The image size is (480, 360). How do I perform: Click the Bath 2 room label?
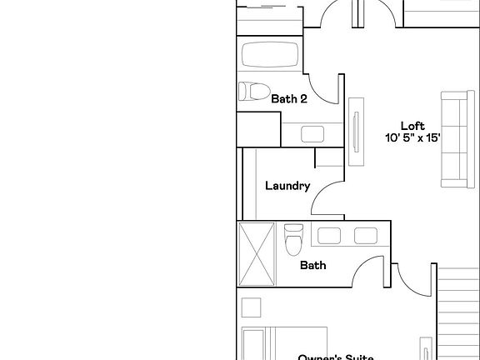tap(289, 98)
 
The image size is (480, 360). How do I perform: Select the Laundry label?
tap(287, 186)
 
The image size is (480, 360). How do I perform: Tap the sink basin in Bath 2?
tap(313, 133)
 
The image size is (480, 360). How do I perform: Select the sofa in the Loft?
tap(453, 141)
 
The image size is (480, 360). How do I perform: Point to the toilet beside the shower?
tap(292, 239)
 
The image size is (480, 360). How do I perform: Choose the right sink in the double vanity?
tap(366, 236)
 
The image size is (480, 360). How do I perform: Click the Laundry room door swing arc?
tap(326, 200)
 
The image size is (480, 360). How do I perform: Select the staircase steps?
tap(458, 312)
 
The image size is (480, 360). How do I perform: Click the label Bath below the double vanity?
tap(312, 266)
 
